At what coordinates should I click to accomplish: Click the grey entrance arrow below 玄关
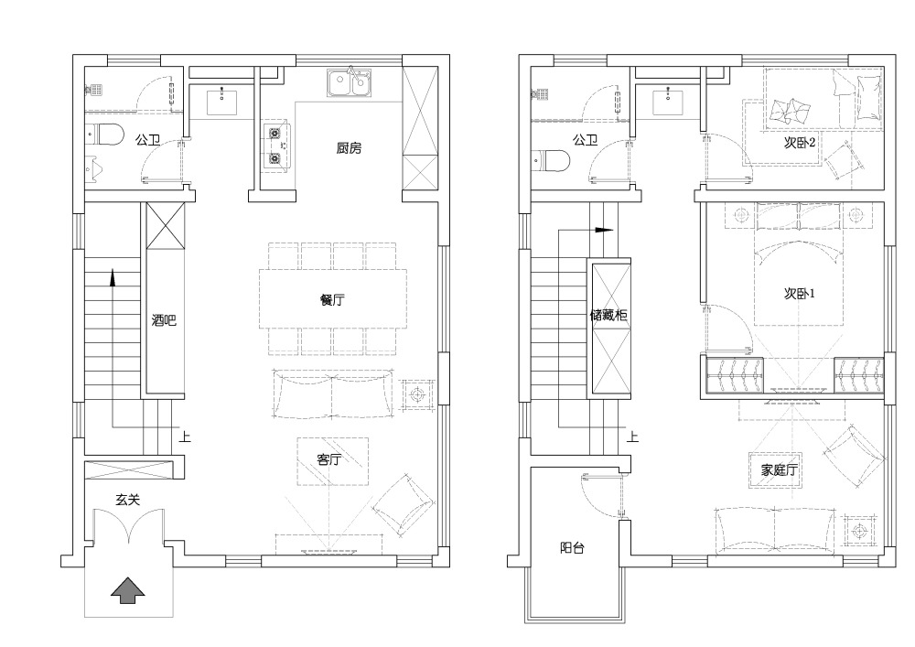[128, 589]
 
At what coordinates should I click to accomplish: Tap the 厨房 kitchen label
[349, 148]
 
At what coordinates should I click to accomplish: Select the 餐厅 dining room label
[332, 300]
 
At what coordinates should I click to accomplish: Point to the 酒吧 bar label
[164, 320]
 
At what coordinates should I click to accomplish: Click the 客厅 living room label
[329, 459]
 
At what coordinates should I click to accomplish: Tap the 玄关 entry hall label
[127, 500]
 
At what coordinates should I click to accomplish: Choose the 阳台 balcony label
[572, 548]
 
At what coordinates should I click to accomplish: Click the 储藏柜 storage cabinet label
[608, 316]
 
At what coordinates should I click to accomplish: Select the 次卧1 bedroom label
[799, 294]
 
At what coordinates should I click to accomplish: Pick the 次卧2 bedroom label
[799, 143]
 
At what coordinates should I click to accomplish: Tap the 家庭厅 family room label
[779, 469]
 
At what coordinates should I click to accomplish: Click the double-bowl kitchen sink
[349, 83]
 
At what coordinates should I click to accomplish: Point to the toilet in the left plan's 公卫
[105, 135]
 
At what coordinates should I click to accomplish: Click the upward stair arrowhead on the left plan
[113, 277]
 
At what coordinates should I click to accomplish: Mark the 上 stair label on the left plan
[185, 437]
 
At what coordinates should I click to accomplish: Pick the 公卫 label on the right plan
[586, 140]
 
